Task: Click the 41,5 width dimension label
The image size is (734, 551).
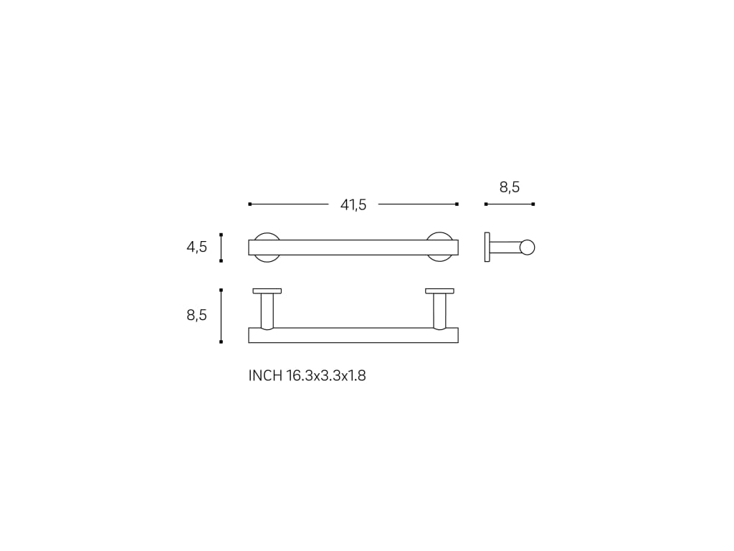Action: pyautogui.click(x=353, y=204)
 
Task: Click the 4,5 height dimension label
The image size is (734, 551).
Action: pyautogui.click(x=196, y=247)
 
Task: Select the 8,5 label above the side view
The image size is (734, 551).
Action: pyautogui.click(x=510, y=187)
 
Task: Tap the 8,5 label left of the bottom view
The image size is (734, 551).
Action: pyautogui.click(x=196, y=315)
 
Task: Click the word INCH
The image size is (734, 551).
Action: pyautogui.click(x=265, y=376)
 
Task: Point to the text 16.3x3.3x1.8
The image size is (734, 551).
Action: pyautogui.click(x=326, y=376)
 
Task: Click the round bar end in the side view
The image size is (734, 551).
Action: pyautogui.click(x=528, y=247)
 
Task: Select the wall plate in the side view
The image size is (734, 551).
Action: pyautogui.click(x=487, y=247)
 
